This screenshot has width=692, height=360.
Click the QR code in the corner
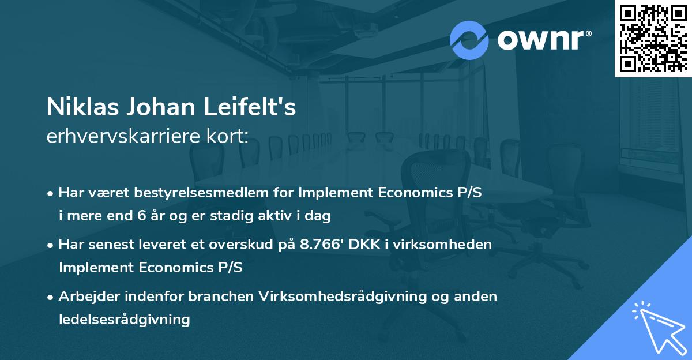coord(653,38)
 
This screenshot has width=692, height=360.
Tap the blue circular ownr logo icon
coord(469,40)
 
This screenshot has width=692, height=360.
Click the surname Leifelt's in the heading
coord(256,107)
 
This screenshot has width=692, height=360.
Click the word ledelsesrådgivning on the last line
coord(124,319)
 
